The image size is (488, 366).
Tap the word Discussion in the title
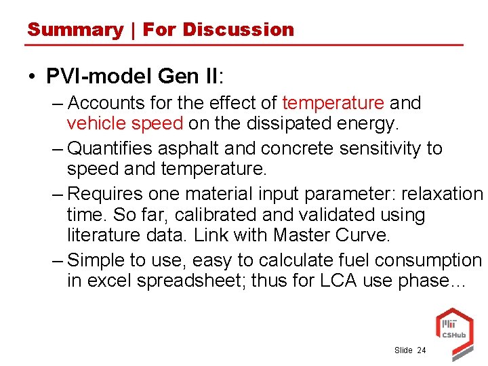pyautogui.click(x=238, y=30)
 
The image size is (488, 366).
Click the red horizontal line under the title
pyautogui.click(x=244, y=45)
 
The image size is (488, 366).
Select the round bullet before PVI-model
pyautogui.click(x=33, y=76)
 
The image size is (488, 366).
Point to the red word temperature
pyautogui.click(x=333, y=104)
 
